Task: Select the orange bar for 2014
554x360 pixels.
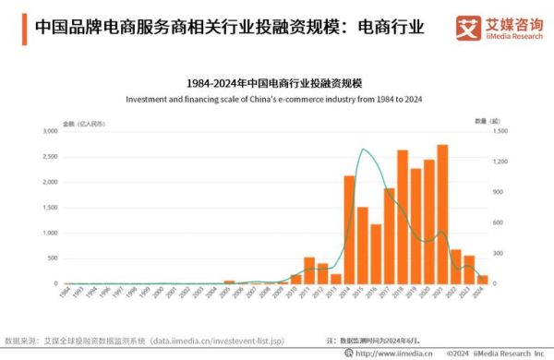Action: (350, 230)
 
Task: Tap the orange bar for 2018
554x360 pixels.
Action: (403, 217)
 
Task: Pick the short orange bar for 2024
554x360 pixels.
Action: (482, 279)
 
